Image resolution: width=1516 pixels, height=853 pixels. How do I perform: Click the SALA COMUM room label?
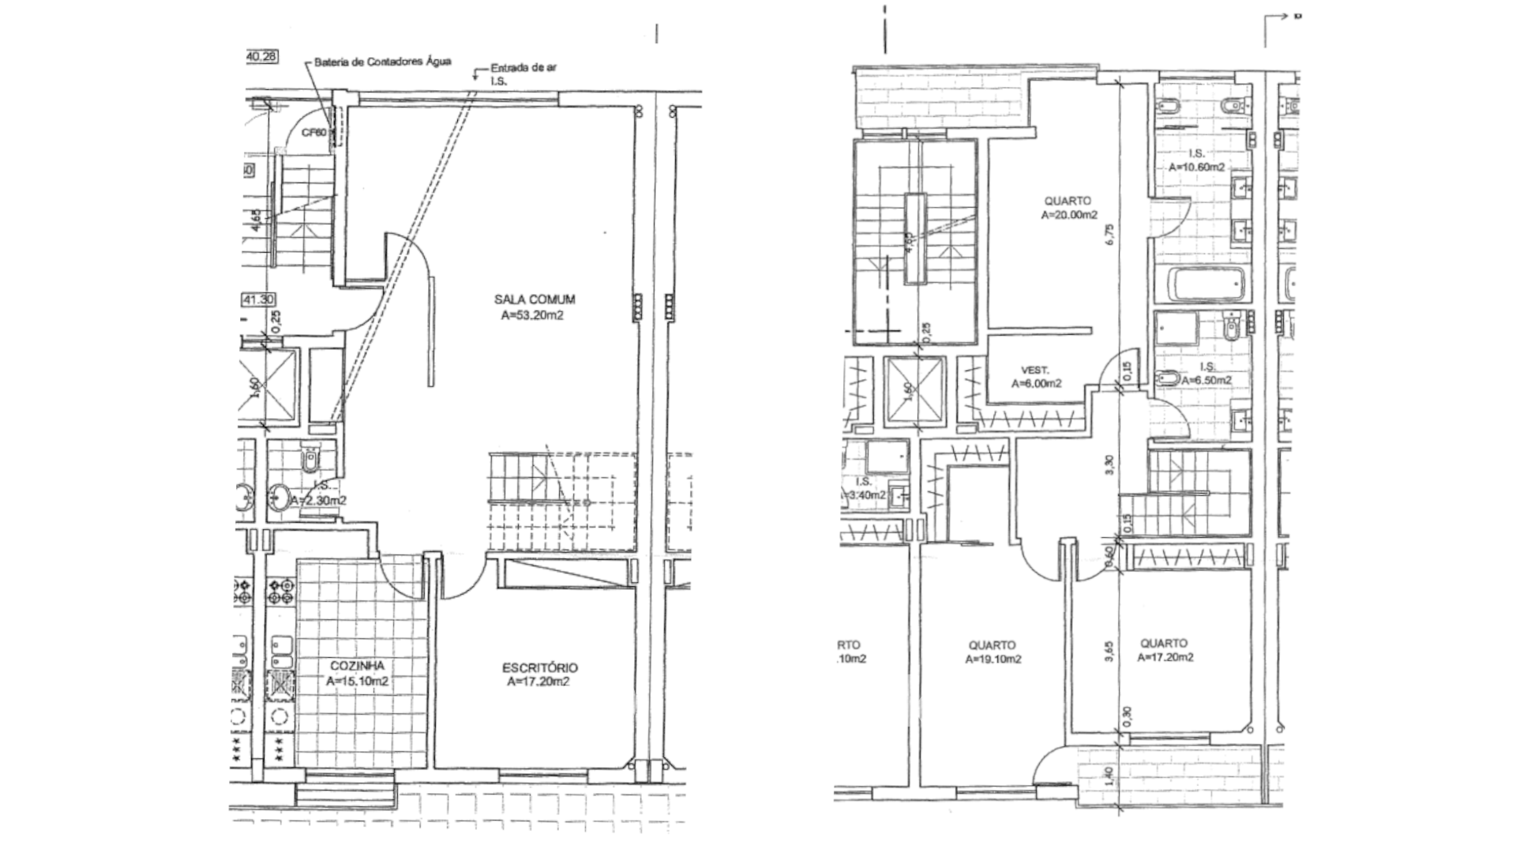pyautogui.click(x=535, y=299)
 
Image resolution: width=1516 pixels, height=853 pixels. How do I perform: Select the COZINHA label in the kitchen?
pyautogui.click(x=358, y=666)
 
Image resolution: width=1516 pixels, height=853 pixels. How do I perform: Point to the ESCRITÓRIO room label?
pyautogui.click(x=539, y=667)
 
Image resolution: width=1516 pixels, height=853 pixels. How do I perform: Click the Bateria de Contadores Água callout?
pyautogui.click(x=383, y=62)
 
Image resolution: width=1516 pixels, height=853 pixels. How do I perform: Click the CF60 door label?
pyautogui.click(x=313, y=133)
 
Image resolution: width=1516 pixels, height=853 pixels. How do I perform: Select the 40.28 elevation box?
pyautogui.click(x=260, y=57)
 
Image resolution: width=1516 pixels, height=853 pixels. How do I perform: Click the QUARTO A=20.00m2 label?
pyautogui.click(x=1068, y=207)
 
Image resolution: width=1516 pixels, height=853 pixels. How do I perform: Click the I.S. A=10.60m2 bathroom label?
pyautogui.click(x=1197, y=160)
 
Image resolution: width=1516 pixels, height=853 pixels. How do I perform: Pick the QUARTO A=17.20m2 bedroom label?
pyautogui.click(x=1165, y=650)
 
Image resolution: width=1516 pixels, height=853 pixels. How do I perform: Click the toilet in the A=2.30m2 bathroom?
pyautogui.click(x=310, y=458)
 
